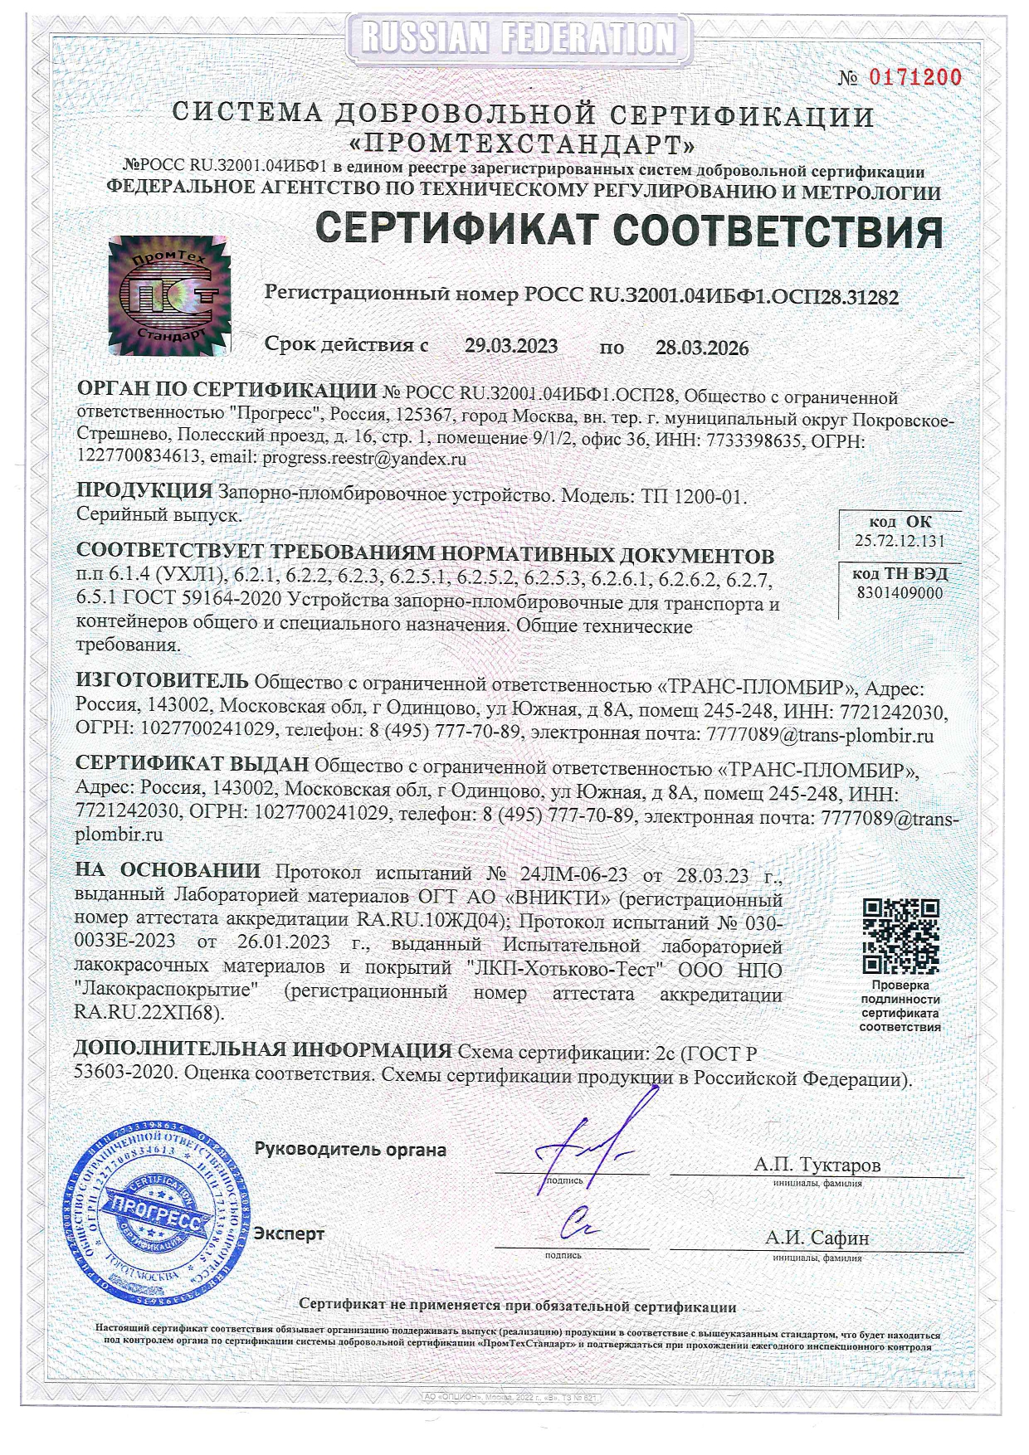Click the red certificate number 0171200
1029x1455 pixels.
[914, 78]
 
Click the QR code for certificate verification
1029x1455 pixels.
[900, 936]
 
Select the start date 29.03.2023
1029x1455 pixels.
[511, 347]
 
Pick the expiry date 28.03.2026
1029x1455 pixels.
[702, 348]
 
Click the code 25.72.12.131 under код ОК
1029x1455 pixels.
[900, 541]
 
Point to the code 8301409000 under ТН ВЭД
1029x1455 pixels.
[900, 593]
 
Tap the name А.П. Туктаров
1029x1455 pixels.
[817, 1165]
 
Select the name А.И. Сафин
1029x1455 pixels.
[817, 1238]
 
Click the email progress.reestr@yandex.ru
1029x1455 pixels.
[364, 458]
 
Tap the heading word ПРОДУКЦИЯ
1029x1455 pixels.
[144, 492]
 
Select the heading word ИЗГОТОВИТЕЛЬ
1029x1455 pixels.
[162, 681]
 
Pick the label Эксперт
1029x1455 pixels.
[289, 1234]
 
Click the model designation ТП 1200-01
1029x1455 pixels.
[694, 496]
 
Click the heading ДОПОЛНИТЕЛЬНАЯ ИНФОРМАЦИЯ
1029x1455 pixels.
[263, 1050]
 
